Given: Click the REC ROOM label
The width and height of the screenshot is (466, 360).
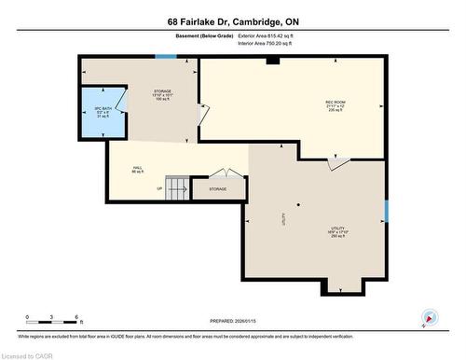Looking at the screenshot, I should tap(336, 104).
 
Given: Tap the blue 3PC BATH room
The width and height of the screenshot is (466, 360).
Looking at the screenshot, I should tap(103, 113).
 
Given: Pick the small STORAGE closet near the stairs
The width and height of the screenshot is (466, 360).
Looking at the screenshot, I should tap(217, 189).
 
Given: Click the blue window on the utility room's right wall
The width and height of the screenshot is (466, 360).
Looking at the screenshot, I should tap(385, 212).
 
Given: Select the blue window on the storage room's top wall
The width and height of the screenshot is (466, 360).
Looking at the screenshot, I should tap(165, 58).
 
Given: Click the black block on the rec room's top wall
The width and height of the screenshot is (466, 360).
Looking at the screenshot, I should tap(271, 61).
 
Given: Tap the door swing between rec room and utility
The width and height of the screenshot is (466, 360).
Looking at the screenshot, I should tap(338, 163).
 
